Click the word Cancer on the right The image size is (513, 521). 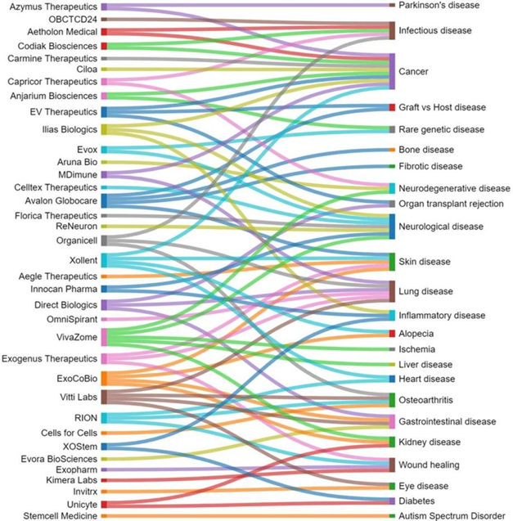pyautogui.click(x=413, y=72)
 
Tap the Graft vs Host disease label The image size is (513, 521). pyautogui.click(x=442, y=107)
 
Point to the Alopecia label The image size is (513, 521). pyautogui.click(x=416, y=334)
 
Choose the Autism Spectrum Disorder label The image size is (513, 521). pyautogui.click(x=451, y=516)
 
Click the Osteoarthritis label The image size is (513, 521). pyautogui.click(x=425, y=400)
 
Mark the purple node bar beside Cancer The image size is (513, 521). pyautogui.click(x=393, y=71)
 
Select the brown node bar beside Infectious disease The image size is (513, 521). pyautogui.click(x=393, y=30)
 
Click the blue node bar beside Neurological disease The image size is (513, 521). pyautogui.click(x=393, y=225)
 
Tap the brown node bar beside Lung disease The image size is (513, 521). pyautogui.click(x=393, y=290)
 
